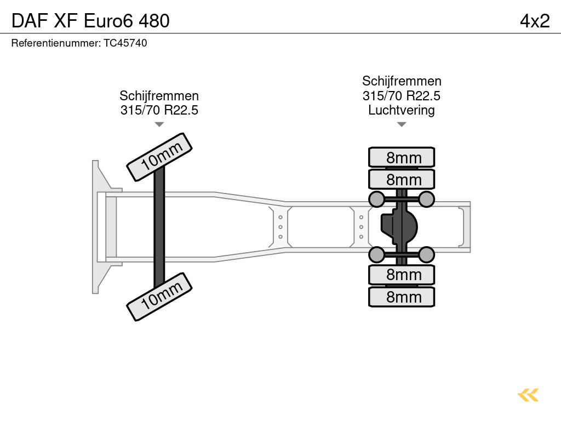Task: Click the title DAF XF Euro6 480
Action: pos(90,21)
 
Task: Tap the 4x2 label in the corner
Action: pos(535,21)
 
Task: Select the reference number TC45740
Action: pos(79,43)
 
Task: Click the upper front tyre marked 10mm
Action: pos(159,157)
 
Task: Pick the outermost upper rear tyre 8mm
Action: pos(402,157)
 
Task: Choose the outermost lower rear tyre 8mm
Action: pos(402,297)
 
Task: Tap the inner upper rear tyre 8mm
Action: pos(402,179)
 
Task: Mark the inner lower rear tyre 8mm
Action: pos(402,274)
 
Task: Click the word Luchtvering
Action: pos(402,110)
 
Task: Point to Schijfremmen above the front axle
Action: pos(159,96)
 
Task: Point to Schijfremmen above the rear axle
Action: pos(402,82)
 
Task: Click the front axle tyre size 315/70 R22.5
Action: pos(159,110)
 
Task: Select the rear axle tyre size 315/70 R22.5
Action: pos(402,96)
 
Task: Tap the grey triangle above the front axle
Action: pos(159,124)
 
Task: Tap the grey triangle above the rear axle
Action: pos(402,124)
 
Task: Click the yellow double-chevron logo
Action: pos(528,395)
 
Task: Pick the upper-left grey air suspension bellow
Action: pos(376,198)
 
